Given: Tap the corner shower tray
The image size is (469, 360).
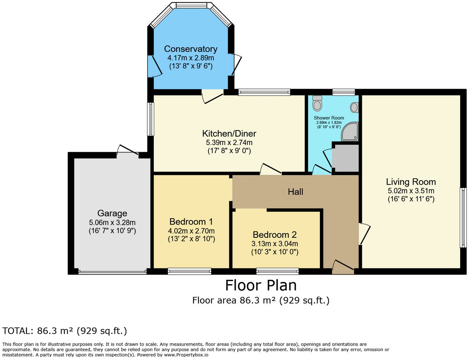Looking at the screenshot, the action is pyautogui.click(x=350, y=131).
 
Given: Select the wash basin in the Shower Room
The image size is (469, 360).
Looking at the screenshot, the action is pyautogui.click(x=354, y=107).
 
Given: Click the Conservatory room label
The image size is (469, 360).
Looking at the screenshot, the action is pyautogui.click(x=191, y=49).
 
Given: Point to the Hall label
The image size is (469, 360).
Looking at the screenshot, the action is pyautogui.click(x=295, y=192).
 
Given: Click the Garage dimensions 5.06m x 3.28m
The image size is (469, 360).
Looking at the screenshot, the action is pyautogui.click(x=112, y=222).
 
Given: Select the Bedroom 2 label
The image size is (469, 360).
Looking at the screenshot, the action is pyautogui.click(x=275, y=235).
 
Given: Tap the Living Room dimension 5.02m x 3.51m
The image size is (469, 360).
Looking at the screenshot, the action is pyautogui.click(x=411, y=191).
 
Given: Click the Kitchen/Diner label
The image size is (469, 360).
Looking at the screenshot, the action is pyautogui.click(x=229, y=134).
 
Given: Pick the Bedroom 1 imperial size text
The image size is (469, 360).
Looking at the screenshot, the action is pyautogui.click(x=192, y=239).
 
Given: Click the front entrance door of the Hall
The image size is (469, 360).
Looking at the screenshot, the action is pyautogui.click(x=343, y=267).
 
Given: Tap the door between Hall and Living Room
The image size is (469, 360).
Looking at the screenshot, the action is pyautogui.click(x=365, y=234).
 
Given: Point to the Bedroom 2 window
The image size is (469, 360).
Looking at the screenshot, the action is pyautogui.click(x=277, y=271).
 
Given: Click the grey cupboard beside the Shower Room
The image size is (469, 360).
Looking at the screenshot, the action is pyautogui.click(x=345, y=158).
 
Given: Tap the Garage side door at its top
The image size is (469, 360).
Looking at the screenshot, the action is pyautogui.click(x=128, y=150).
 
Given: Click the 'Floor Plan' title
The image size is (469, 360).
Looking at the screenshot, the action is pyautogui.click(x=261, y=285).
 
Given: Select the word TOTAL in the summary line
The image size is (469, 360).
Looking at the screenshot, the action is pyautogui.click(x=16, y=331).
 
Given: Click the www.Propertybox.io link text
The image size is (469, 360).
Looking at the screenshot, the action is pyautogui.click(x=186, y=355).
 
